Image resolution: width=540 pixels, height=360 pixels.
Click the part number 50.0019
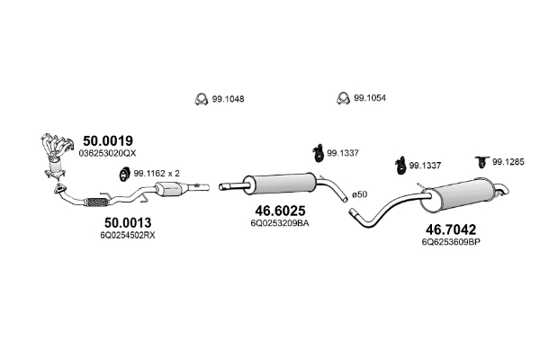coord(108,140)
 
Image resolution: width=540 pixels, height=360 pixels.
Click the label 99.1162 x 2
coord(157,172)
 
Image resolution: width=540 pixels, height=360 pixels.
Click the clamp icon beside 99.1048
coord(201,98)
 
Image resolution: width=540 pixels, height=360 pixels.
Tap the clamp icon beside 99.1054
coord(342,97)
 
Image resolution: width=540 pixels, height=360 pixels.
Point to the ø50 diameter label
coord(358,194)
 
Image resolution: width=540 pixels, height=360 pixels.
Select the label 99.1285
coord(507,162)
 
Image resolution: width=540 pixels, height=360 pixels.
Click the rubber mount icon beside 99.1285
coord(480,161)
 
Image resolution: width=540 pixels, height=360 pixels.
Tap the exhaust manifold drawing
coord(56,149)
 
